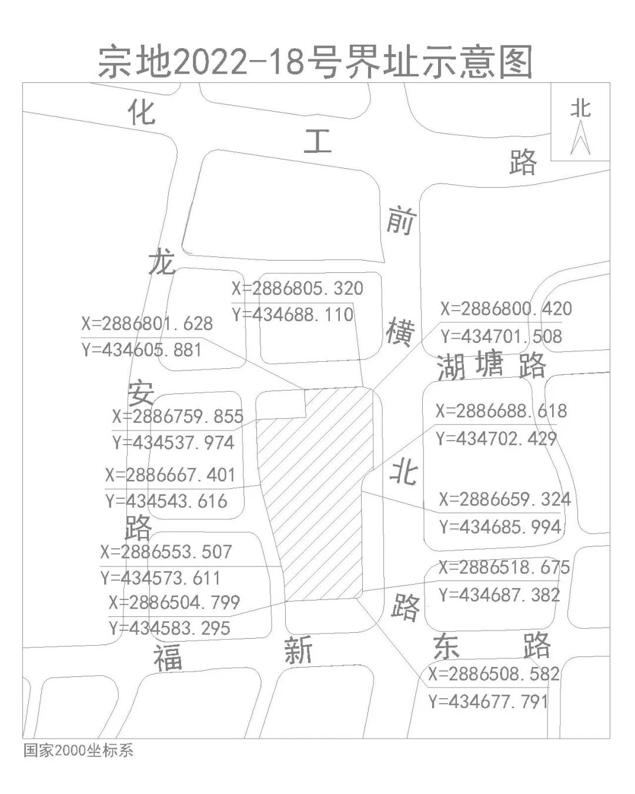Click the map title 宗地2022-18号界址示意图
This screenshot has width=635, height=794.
pyautogui.click(x=315, y=62)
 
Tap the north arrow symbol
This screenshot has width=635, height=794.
pyautogui.click(x=580, y=138)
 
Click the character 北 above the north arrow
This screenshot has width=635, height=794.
pyautogui.click(x=580, y=109)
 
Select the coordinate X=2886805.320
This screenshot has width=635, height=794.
pyautogui.click(x=298, y=288)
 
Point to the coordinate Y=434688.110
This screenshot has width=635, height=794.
pyautogui.click(x=293, y=315)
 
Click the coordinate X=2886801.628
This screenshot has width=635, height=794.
pyautogui.click(x=147, y=323)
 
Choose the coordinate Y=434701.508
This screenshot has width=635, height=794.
pyautogui.click(x=502, y=336)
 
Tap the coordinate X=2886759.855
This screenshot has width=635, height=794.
pyautogui.click(x=178, y=416)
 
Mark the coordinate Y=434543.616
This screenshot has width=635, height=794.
pyautogui.click(x=166, y=501)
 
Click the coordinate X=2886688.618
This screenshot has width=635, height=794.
pyautogui.click(x=502, y=411)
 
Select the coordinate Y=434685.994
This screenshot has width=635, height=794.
pyautogui.click(x=501, y=527)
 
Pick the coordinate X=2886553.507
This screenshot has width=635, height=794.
pyautogui.click(x=166, y=552)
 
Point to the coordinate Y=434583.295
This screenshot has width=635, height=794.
pyautogui.click(x=170, y=628)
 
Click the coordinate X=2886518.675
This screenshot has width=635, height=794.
pyautogui.click(x=504, y=568)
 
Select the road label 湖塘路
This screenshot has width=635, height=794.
pyautogui.click(x=491, y=366)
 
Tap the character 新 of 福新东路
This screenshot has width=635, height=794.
pyautogui.click(x=298, y=650)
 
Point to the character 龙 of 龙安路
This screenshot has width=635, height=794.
pyautogui.click(x=161, y=261)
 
